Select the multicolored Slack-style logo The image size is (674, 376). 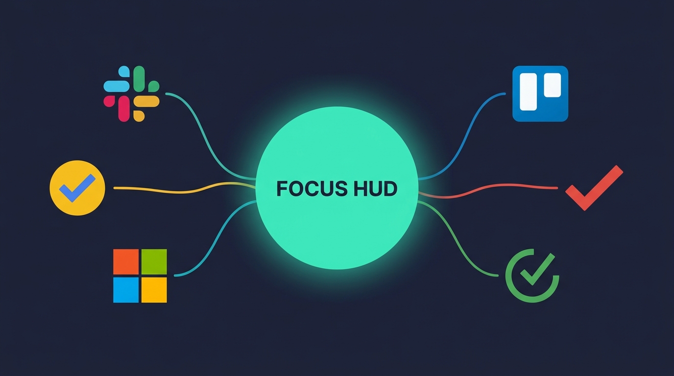(131, 94)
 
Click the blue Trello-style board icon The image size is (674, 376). (540, 94)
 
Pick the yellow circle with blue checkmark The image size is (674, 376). (77, 188)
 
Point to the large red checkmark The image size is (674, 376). (594, 188)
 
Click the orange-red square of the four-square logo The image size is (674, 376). (126, 261)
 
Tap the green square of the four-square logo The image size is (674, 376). (154, 261)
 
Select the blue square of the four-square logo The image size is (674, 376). (126, 290)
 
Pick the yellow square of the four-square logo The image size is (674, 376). (154, 290)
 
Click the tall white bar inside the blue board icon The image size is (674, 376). (529, 92)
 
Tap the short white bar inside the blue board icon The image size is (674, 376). (553, 85)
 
